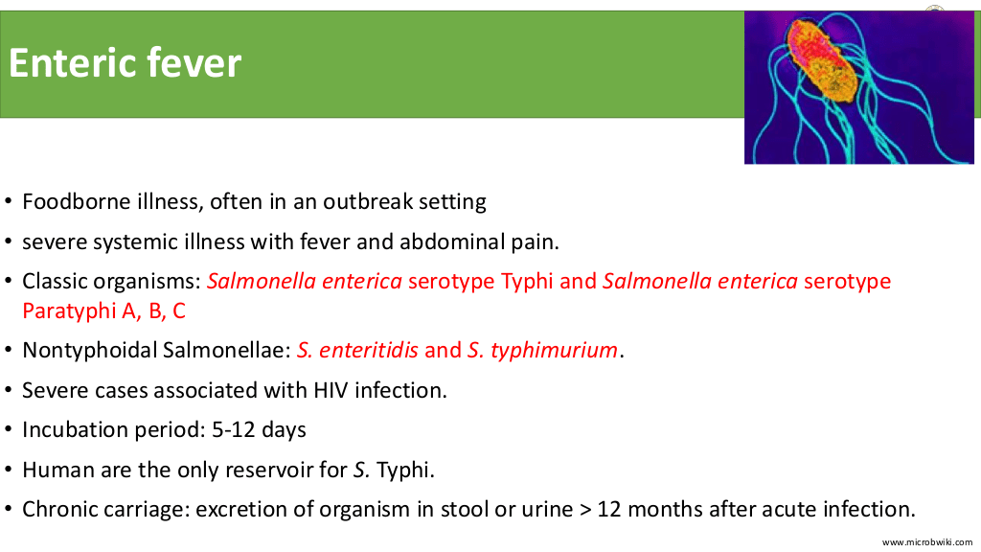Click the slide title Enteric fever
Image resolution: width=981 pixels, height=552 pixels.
(x=125, y=62)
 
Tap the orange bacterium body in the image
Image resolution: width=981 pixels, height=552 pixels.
(x=820, y=59)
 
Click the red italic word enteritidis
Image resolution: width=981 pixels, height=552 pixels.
(x=368, y=351)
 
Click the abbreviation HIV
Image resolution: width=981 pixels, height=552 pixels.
(x=331, y=391)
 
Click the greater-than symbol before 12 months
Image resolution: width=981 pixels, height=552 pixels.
(x=585, y=510)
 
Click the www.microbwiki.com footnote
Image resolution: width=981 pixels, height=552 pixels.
(x=927, y=542)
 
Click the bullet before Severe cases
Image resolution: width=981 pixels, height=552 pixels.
(x=8, y=391)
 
